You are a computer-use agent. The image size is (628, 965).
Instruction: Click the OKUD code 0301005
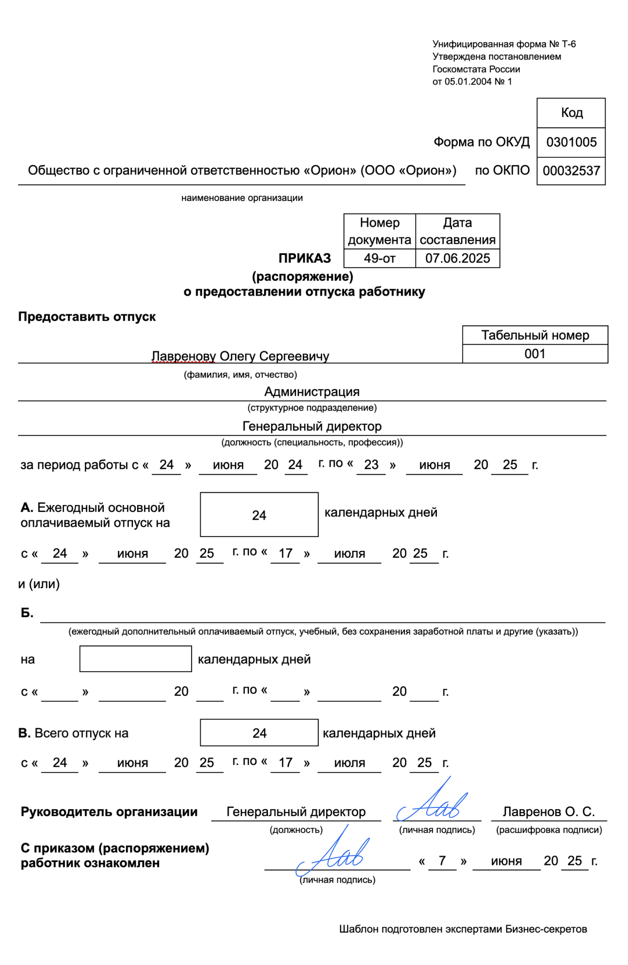(x=571, y=142)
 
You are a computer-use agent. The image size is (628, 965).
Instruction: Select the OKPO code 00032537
(x=571, y=171)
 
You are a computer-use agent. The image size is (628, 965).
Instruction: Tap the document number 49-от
(x=380, y=258)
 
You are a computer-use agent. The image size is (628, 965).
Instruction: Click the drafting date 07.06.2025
(x=457, y=258)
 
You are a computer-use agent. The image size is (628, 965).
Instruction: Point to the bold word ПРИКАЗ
(x=305, y=258)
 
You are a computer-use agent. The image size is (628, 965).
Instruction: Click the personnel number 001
(x=535, y=354)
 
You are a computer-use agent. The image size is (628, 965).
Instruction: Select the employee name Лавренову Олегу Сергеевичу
(x=240, y=356)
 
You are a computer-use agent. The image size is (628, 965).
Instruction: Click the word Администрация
(x=312, y=391)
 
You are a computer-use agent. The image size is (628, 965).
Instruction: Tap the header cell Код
(x=571, y=113)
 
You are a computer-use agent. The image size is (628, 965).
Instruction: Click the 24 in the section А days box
(x=259, y=515)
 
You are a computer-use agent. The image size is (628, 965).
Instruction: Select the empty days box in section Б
(x=135, y=659)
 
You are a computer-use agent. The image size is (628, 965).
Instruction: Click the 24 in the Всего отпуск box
(x=259, y=733)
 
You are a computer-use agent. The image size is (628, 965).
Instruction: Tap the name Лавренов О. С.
(x=549, y=812)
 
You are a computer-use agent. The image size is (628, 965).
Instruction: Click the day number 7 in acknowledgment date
(x=442, y=861)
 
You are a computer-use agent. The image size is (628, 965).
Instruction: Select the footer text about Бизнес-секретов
(x=463, y=929)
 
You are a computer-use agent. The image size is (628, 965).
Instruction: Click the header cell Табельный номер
(x=535, y=335)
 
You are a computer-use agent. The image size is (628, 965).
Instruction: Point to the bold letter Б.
(x=27, y=613)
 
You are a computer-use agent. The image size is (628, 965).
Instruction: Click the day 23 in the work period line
(x=371, y=464)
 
